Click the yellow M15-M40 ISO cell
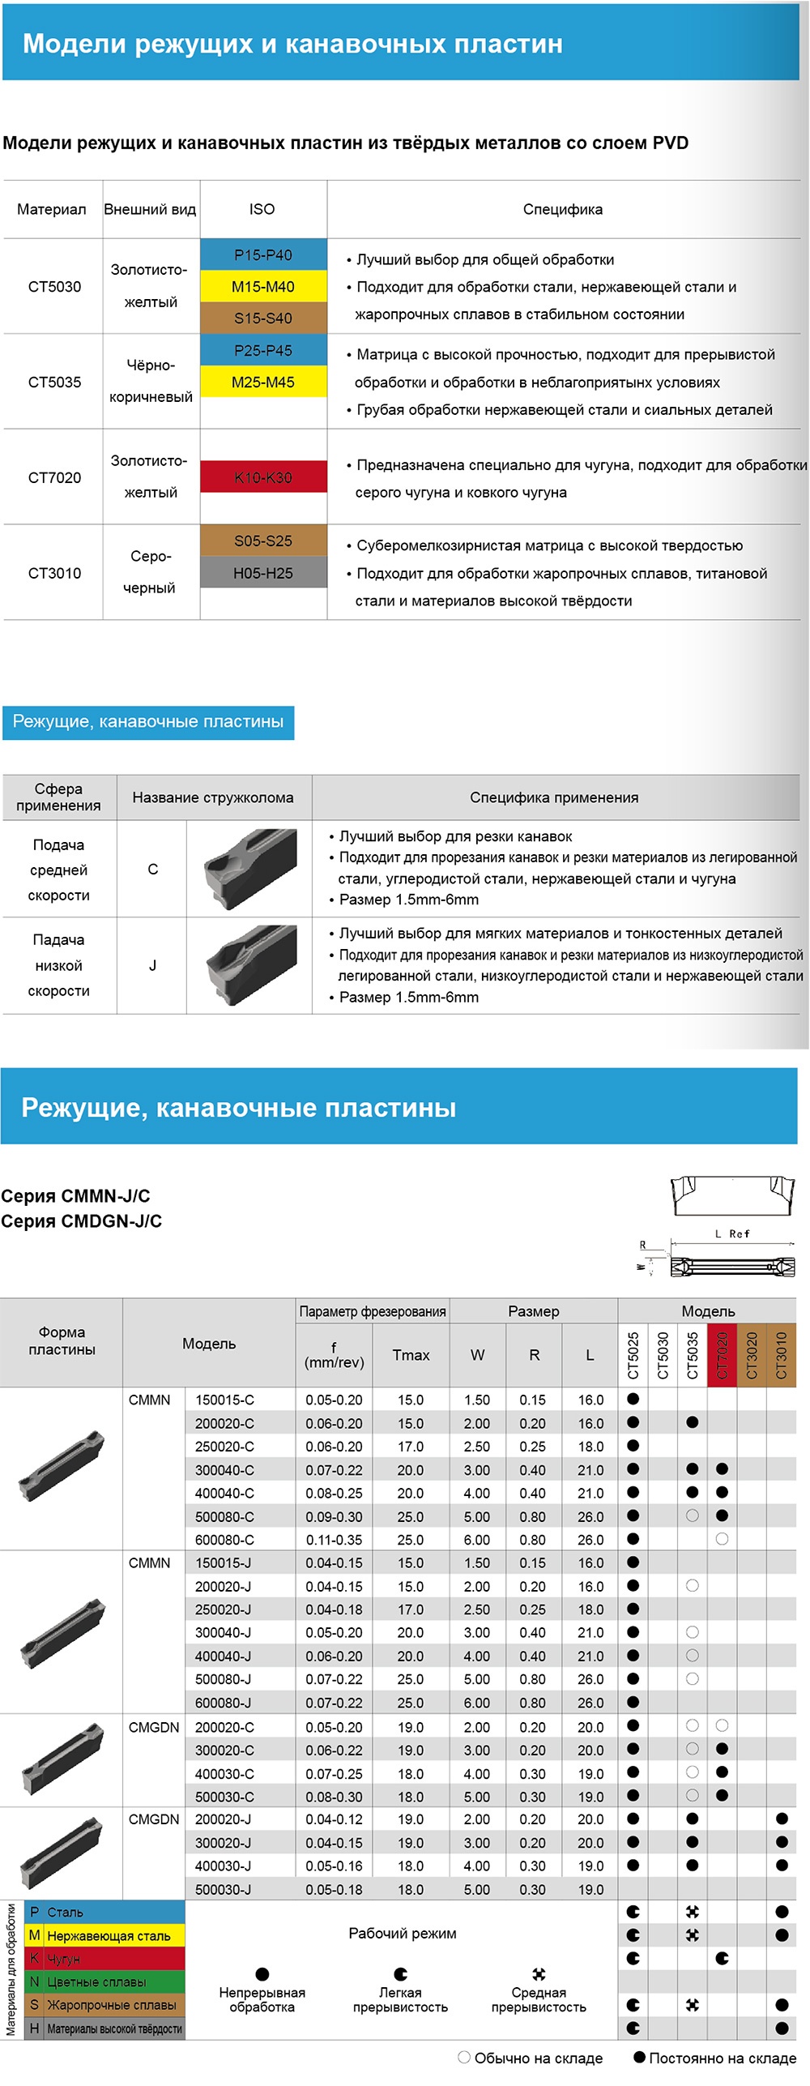(x=263, y=286)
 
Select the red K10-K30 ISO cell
(x=263, y=477)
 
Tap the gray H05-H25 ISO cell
(x=263, y=573)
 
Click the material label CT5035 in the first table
(x=54, y=382)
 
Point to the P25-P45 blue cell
(x=263, y=350)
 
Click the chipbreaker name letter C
(x=152, y=869)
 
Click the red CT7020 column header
(x=722, y=1354)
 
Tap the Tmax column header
(x=411, y=1354)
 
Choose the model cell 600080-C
(x=224, y=1539)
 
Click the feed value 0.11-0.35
(x=334, y=1539)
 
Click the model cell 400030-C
(x=224, y=1774)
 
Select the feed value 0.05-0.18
(x=334, y=1889)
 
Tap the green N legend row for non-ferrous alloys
(x=104, y=1981)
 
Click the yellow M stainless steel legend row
(x=104, y=1935)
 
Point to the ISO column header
(x=262, y=209)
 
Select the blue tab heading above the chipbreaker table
(x=148, y=721)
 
